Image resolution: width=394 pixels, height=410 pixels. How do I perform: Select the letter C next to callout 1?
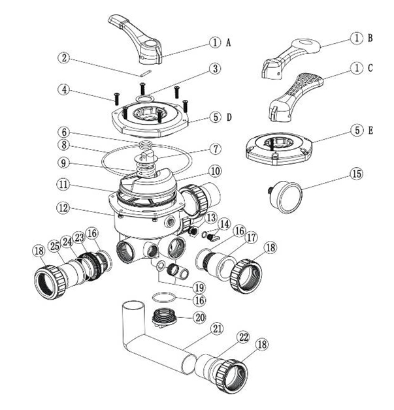point(370,67)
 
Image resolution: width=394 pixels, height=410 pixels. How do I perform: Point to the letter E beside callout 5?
point(370,131)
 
